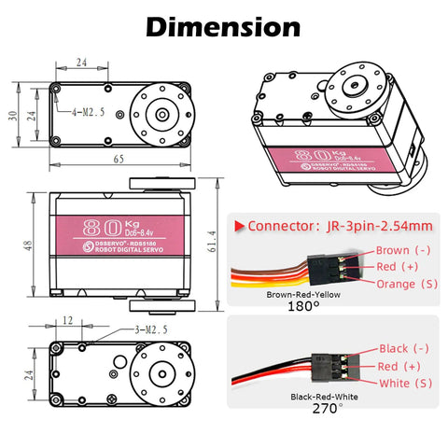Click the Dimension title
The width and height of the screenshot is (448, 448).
224,27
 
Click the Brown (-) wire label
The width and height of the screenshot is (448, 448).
402,250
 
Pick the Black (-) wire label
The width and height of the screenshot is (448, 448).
400,348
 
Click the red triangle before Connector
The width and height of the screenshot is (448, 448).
239,225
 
